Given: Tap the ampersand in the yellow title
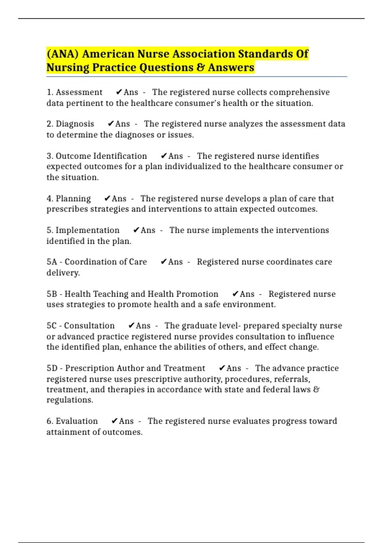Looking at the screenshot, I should tap(200, 67).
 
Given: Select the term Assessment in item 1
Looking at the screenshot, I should tap(79, 92).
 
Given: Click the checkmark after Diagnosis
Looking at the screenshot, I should tap(111, 124).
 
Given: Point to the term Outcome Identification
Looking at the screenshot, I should tap(101, 156).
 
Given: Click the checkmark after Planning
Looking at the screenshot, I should tap(107, 199).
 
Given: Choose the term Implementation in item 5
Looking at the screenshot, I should tap(87, 230).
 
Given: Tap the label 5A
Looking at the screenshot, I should tap(52, 262).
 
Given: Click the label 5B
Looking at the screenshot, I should tap(52, 294).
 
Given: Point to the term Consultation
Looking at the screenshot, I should tap(89, 326).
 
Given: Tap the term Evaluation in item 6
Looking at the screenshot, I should tap(77, 421).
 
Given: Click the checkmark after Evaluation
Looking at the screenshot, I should tap(115, 421).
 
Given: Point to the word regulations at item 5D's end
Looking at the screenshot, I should tap(70, 400).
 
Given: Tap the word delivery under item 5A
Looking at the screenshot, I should tap(63, 273).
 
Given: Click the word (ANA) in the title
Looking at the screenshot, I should tap(63, 54).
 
